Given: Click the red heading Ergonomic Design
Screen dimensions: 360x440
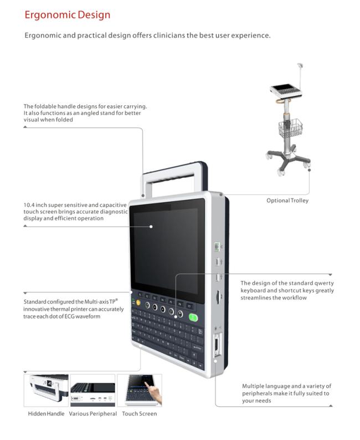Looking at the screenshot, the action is [x=67, y=15].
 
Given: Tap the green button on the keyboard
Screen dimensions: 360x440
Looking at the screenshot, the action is [x=193, y=318].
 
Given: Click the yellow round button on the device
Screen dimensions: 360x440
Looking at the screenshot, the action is [x=138, y=303].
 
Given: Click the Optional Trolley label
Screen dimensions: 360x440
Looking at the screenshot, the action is [x=287, y=201].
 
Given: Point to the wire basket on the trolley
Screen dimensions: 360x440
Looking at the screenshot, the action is [x=291, y=127].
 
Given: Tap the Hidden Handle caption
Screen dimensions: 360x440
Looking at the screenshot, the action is [x=46, y=413].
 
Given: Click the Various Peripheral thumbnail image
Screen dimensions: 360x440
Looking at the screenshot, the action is [x=93, y=390].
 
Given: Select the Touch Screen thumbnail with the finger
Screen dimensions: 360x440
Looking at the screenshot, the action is [x=140, y=390].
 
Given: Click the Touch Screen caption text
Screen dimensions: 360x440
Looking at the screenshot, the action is [x=140, y=413].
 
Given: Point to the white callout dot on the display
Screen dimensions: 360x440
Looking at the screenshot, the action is [x=151, y=227].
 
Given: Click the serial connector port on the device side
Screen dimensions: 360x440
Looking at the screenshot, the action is [x=217, y=345].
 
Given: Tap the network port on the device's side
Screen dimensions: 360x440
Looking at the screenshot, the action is [x=217, y=247].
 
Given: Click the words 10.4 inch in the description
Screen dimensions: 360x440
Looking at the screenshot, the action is [x=35, y=205].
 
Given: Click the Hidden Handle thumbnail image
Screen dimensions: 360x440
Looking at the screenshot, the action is [x=47, y=390].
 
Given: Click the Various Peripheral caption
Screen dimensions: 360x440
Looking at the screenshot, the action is [x=93, y=413].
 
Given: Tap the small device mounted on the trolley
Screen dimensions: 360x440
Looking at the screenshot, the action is [x=286, y=91].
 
